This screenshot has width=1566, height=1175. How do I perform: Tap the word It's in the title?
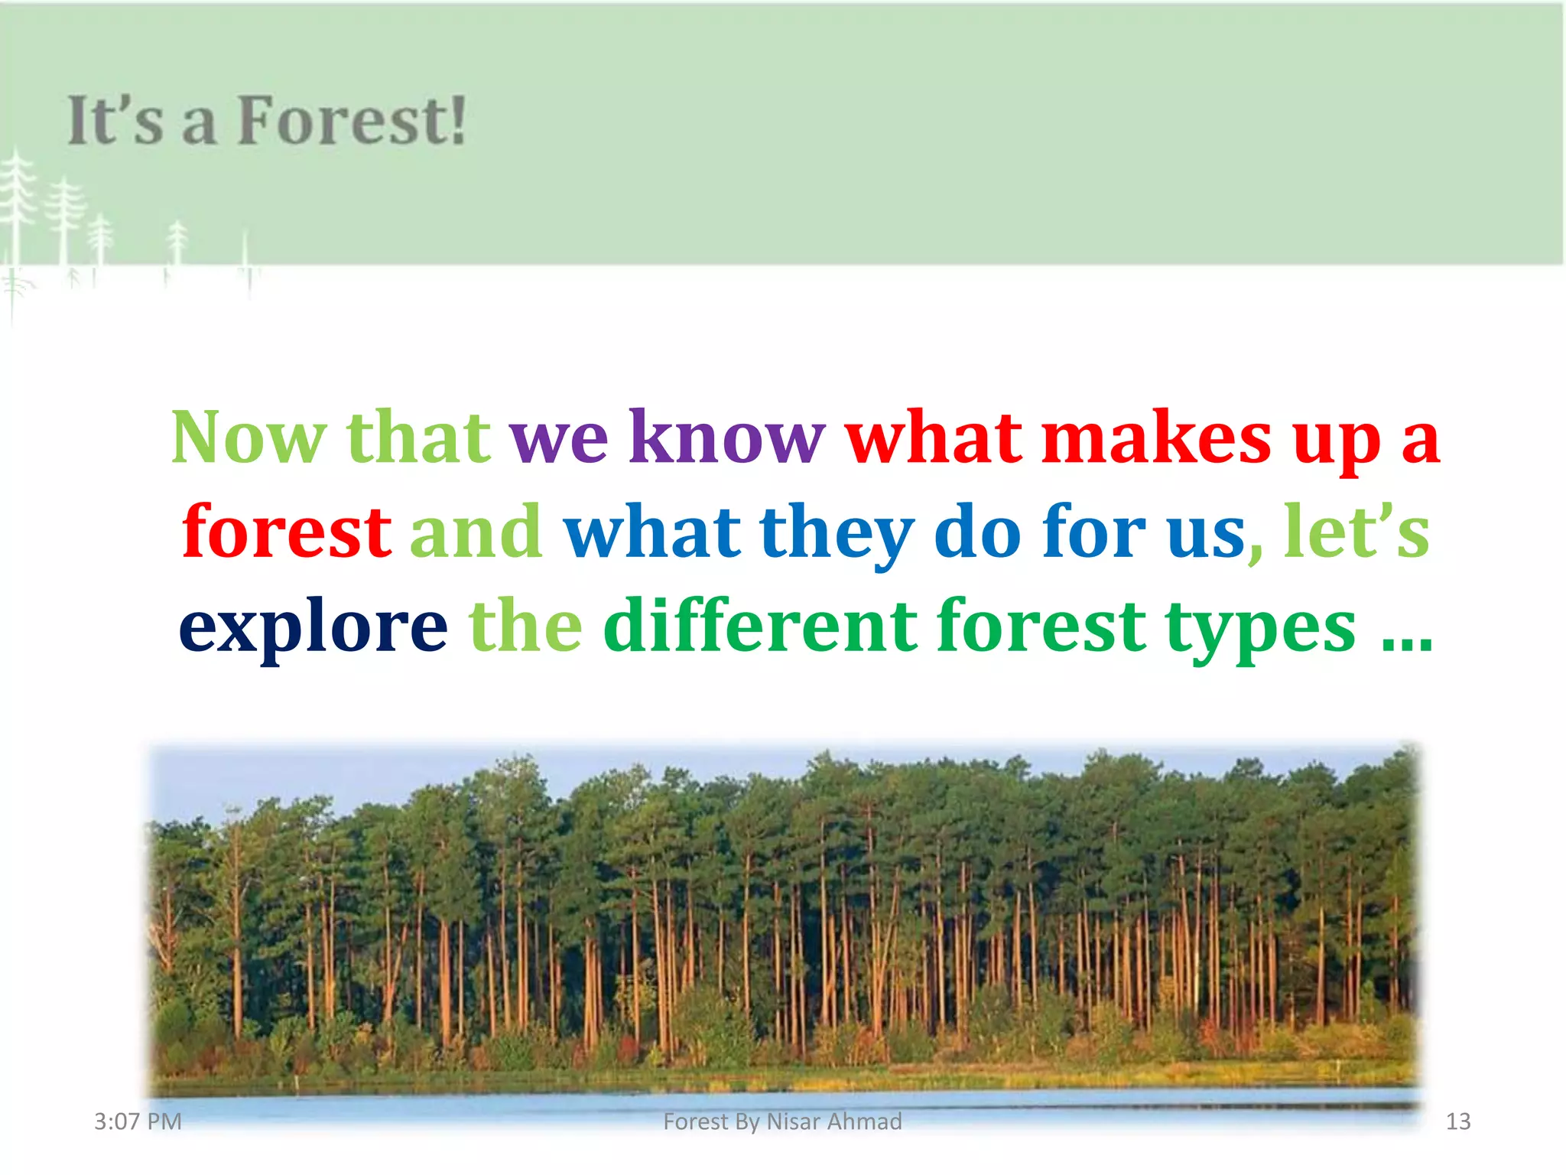pos(115,120)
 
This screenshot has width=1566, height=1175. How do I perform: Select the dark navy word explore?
pos(313,627)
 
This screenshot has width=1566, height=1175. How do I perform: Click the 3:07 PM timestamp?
pos(138,1121)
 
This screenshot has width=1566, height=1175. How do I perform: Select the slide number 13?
pos(1458,1121)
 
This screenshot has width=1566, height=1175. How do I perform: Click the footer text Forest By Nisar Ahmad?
pos(782,1121)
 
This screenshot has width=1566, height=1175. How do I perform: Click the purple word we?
pos(560,440)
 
